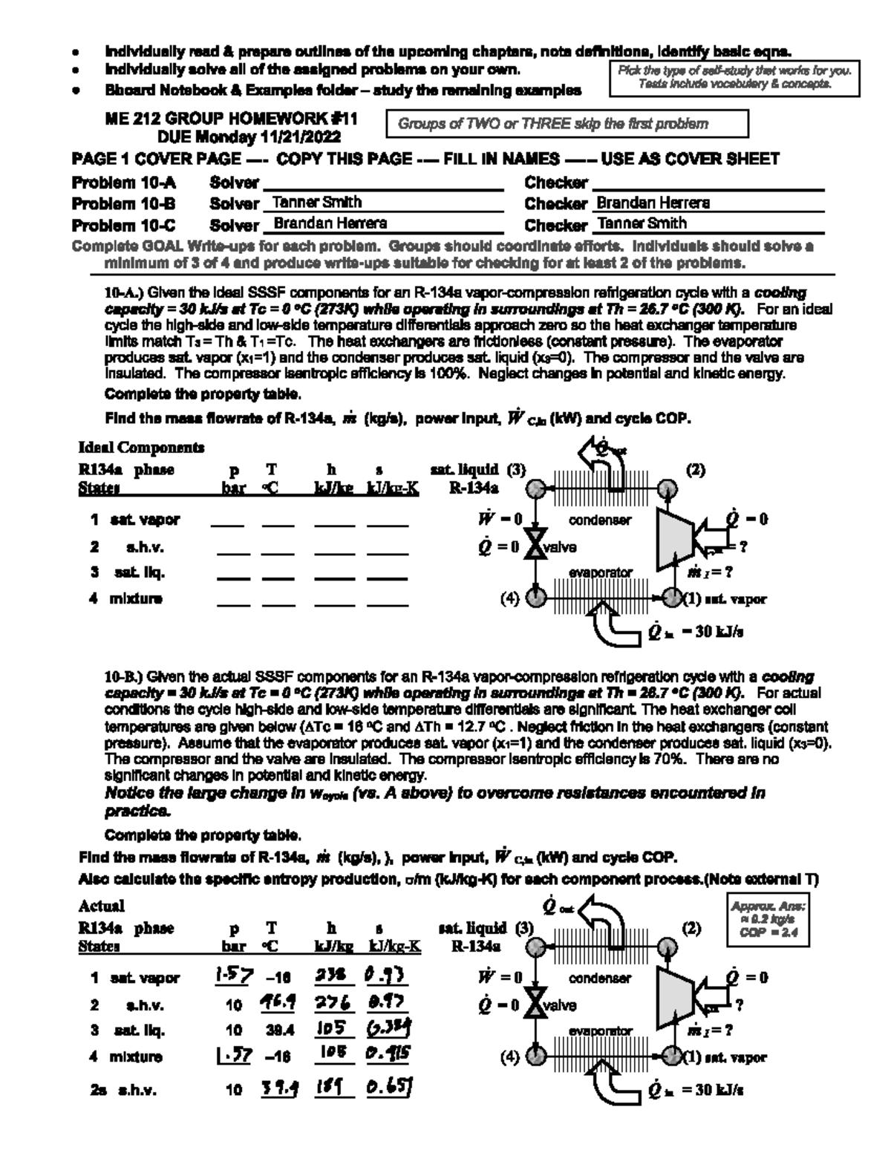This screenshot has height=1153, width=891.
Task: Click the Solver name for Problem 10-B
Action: (317, 202)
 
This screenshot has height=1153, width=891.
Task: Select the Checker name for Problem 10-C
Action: (642, 223)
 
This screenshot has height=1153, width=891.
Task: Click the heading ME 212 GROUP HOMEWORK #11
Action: (232, 119)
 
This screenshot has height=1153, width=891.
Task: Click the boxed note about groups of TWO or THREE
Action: (567, 124)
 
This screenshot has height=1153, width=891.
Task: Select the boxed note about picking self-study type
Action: (734, 78)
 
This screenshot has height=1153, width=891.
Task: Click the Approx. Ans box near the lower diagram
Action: (768, 920)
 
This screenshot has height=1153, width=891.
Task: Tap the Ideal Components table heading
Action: (141, 448)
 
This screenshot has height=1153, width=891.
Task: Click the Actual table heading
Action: (102, 906)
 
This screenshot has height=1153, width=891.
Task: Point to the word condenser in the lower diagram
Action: (600, 978)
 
